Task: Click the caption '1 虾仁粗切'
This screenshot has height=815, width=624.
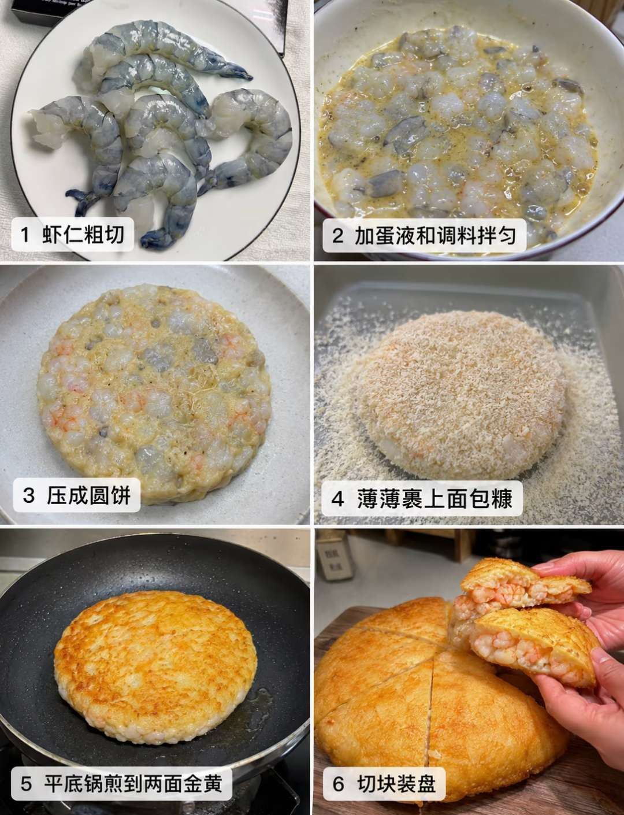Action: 72,235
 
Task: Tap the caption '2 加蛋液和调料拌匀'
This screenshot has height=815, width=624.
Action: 424,236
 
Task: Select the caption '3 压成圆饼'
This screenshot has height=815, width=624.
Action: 76,495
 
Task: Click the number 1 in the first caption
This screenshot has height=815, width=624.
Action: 25,235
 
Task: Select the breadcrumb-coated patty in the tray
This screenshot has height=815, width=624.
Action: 460,396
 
